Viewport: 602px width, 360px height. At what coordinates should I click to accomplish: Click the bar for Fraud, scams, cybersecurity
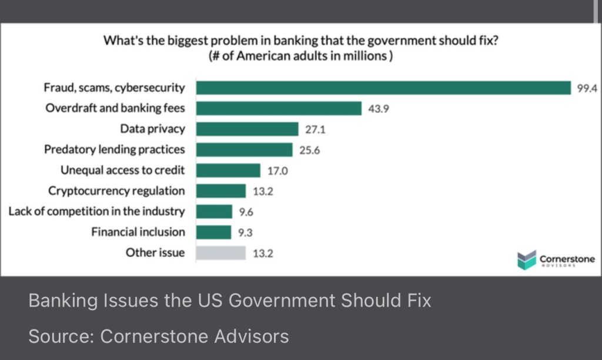click(x=383, y=88)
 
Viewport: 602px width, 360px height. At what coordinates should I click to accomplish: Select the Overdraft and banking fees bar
click(x=279, y=108)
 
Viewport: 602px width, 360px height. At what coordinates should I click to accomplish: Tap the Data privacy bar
click(x=248, y=129)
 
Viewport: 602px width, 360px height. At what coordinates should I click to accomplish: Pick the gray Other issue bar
click(x=221, y=253)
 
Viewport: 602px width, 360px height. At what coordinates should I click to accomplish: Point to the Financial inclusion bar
click(x=214, y=232)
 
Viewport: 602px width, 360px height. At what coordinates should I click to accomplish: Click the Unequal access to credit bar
click(x=228, y=170)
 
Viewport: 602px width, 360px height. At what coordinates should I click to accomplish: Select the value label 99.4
click(x=587, y=88)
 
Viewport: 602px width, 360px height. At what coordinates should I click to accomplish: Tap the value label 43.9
click(x=378, y=109)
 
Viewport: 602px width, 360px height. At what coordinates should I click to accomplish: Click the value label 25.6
click(x=309, y=150)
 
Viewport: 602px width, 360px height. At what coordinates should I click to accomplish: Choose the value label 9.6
click(x=246, y=212)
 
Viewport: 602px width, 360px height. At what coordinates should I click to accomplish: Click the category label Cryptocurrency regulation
click(x=116, y=191)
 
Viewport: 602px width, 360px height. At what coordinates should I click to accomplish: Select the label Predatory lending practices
click(x=114, y=149)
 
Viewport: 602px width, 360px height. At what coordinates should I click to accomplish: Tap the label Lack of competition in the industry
click(x=96, y=211)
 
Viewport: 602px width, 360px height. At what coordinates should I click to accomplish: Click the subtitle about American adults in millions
click(x=300, y=56)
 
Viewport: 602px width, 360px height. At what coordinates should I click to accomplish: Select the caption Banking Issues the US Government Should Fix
click(x=230, y=301)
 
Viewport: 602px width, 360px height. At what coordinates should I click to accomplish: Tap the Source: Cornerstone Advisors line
click(x=159, y=336)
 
